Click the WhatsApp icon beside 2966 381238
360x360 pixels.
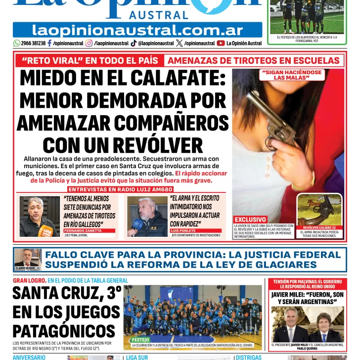(x=17, y=44)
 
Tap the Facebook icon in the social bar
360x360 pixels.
(x=49, y=44)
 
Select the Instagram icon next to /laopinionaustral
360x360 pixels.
(x=89, y=44)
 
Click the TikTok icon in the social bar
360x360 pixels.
(x=134, y=44)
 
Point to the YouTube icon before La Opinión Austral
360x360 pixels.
(x=221, y=44)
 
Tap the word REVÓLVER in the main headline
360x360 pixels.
(x=159, y=145)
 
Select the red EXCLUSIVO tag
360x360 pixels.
(x=250, y=219)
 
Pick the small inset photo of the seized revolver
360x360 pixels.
(x=319, y=210)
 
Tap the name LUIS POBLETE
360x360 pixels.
(x=183, y=231)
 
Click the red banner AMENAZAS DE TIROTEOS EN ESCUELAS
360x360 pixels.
(x=254, y=61)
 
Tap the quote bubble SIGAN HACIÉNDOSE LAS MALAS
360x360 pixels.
(x=291, y=75)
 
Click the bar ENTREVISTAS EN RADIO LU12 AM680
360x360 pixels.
(x=121, y=189)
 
